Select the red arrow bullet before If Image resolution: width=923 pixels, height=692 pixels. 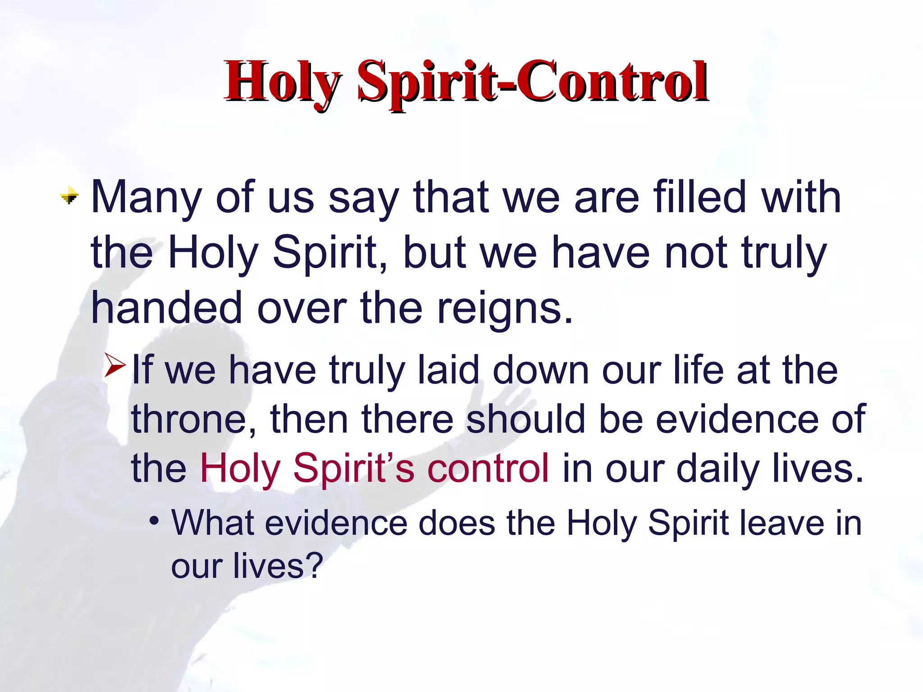(115, 365)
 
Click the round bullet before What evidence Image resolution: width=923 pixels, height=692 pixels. (155, 522)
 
